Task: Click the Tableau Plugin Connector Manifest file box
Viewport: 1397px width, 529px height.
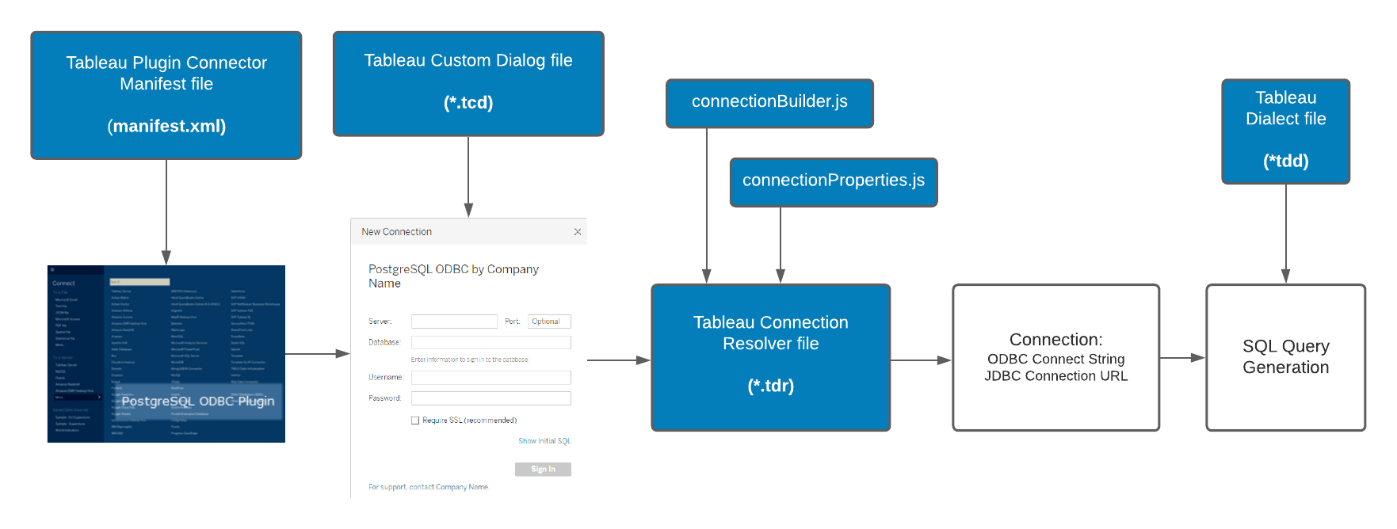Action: pyautogui.click(x=166, y=95)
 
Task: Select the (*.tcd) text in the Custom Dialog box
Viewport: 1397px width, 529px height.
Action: pyautogui.click(x=468, y=103)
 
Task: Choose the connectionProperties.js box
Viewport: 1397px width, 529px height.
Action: pyautogui.click(x=833, y=181)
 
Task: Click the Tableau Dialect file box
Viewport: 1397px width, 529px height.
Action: pyautogui.click(x=1285, y=131)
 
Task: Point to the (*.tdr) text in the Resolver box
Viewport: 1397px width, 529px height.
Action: pyautogui.click(x=770, y=386)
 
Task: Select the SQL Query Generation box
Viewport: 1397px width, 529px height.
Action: pyautogui.click(x=1285, y=357)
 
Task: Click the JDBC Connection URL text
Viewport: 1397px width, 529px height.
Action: pyautogui.click(x=1055, y=376)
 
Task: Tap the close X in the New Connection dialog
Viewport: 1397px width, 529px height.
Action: pyautogui.click(x=578, y=232)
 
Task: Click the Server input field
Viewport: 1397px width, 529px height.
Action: pyautogui.click(x=454, y=322)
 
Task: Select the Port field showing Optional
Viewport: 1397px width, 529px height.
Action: pyautogui.click(x=549, y=322)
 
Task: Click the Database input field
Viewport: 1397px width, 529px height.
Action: pyautogui.click(x=490, y=342)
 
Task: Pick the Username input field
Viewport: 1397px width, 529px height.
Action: pyautogui.click(x=490, y=378)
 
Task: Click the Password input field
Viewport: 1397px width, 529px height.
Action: pyautogui.click(x=490, y=398)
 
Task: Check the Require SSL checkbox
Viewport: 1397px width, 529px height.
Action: pyautogui.click(x=415, y=421)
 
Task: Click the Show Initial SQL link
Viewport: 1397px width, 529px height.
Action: pyautogui.click(x=544, y=441)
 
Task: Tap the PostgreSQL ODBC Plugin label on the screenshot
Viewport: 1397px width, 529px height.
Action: pyautogui.click(x=198, y=402)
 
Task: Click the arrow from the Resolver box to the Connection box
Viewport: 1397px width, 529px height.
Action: pyautogui.click(x=921, y=360)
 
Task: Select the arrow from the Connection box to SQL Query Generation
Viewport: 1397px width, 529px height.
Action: pyautogui.click(x=1182, y=358)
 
